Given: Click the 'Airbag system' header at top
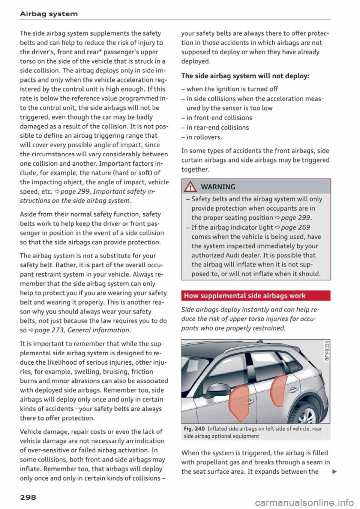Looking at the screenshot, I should click(49, 14).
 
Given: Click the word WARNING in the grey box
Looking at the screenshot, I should click(218, 187).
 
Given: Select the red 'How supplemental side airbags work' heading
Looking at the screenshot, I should click(245, 296).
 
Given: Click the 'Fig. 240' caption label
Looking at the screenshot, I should click(194, 429).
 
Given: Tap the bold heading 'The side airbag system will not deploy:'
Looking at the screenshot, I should click(245, 76).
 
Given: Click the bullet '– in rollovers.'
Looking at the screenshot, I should click(202, 137).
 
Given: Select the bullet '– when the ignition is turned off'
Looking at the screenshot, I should click(229, 89).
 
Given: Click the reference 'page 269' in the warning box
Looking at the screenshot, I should click(295, 227).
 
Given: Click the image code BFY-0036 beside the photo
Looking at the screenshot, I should click(327, 350).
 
